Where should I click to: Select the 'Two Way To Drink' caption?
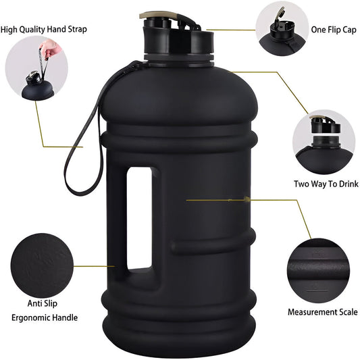322,184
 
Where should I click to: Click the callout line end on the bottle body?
188,200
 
